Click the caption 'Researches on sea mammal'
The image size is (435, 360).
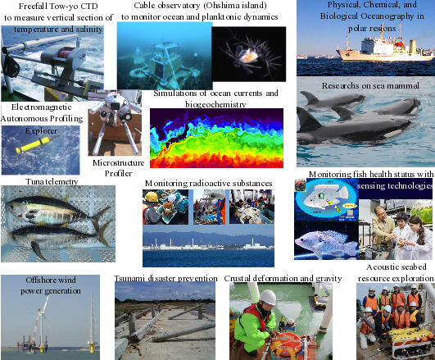pyautogui.click(x=370, y=85)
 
